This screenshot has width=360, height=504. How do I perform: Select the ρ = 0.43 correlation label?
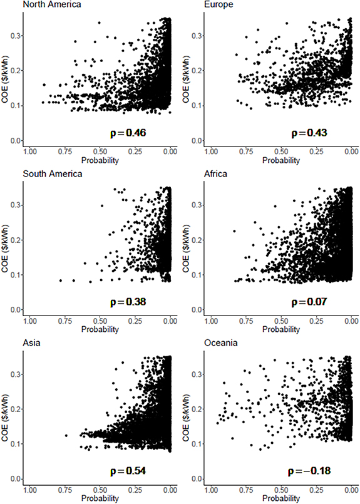pyautogui.click(x=305, y=133)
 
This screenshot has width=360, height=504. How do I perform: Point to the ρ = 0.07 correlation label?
pyautogui.click(x=305, y=302)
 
